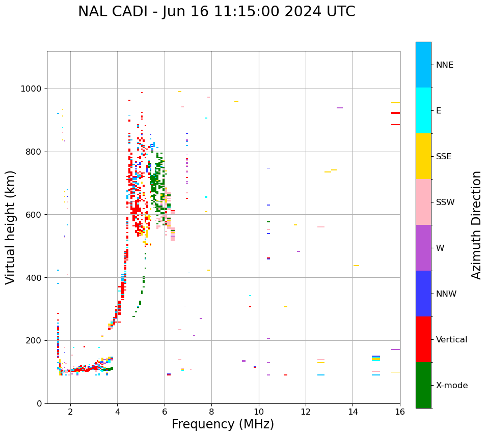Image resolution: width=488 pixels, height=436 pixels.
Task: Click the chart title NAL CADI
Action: coord(216,12)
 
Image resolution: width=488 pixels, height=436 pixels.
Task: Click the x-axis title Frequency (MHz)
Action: coord(223,424)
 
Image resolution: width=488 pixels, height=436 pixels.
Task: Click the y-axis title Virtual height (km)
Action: coord(11,227)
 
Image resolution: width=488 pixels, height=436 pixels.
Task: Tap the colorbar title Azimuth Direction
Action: coord(476,225)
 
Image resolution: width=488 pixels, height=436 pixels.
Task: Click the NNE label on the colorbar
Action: coord(445,65)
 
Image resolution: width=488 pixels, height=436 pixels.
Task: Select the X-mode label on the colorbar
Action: coord(452,386)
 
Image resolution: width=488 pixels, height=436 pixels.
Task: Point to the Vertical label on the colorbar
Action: coord(452,340)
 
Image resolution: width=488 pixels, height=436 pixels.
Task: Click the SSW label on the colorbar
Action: coord(445,202)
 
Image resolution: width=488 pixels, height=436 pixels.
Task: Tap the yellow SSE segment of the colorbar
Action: coord(423,156)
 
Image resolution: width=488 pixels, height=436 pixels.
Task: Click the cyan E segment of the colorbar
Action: coord(423,110)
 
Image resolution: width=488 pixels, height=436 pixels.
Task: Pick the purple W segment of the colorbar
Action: coord(423,248)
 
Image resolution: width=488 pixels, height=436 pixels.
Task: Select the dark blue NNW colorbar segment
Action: coord(423,294)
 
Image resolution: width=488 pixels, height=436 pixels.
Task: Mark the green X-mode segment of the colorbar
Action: coord(423,385)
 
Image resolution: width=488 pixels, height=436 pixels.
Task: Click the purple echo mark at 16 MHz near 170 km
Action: coord(395,350)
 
